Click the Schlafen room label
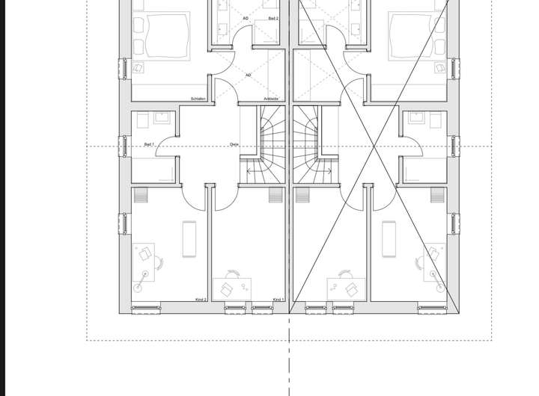pos(198,99)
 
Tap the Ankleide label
pos(271,99)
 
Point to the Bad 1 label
pos(149,144)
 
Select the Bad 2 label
pos(273,19)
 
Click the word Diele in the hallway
pos(234,144)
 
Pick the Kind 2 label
pos(201,300)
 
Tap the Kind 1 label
pos(278,300)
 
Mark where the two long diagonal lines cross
pos(374,146)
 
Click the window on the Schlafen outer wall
pos(124,67)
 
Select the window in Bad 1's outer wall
pos(124,146)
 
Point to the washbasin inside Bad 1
pos(162,117)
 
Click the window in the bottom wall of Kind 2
pos(147,308)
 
